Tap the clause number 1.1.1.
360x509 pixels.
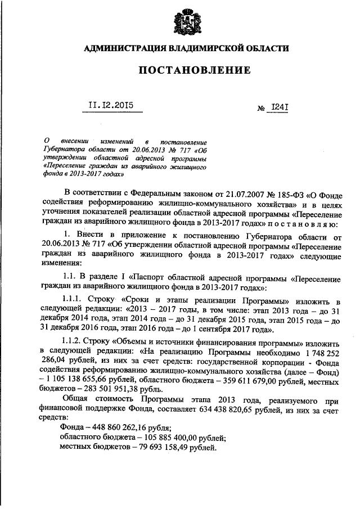(76, 299)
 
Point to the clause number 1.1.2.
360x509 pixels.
(76, 341)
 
